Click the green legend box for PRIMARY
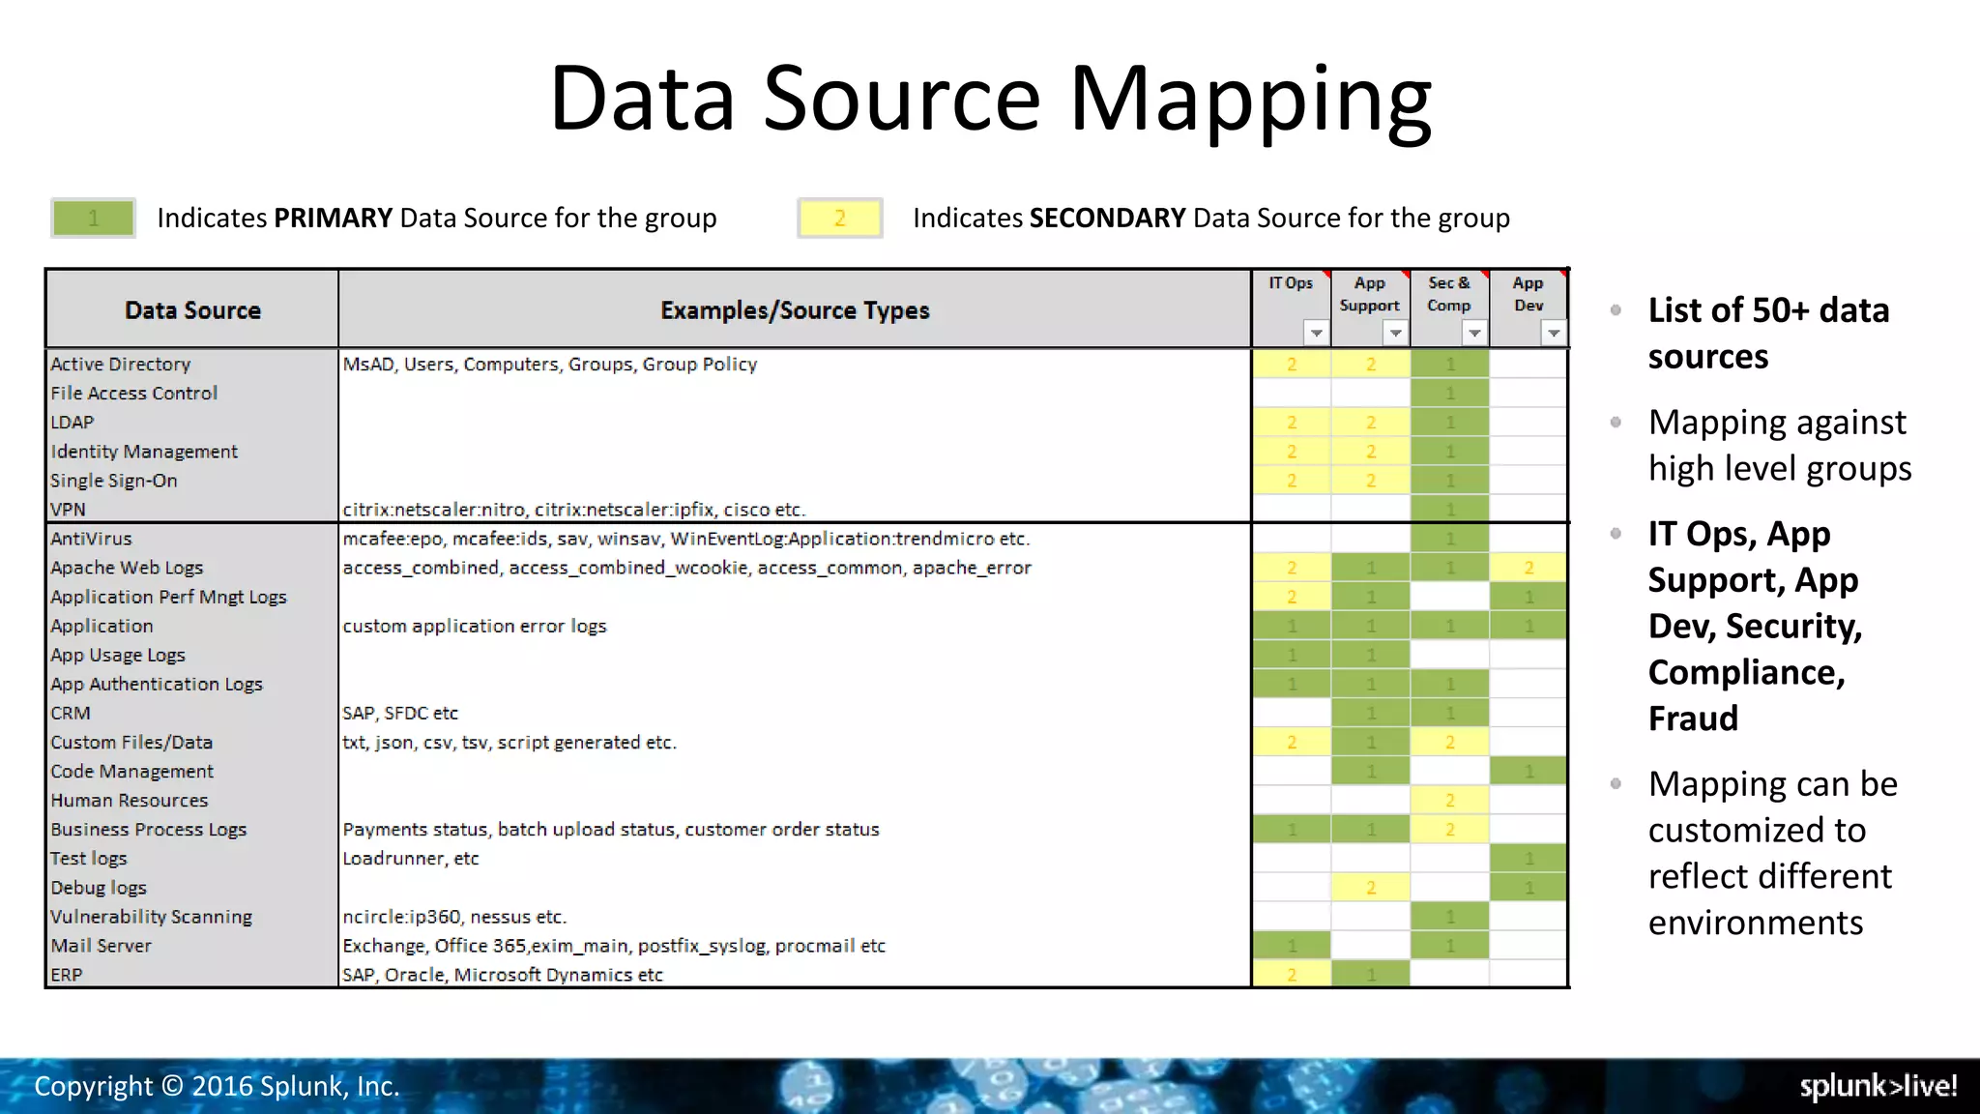coord(93,218)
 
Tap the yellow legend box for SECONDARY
coord(839,218)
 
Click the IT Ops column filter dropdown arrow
coord(1316,334)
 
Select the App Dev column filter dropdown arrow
coord(1553,334)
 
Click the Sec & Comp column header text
coord(1448,294)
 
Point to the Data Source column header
coord(192,310)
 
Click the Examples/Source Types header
coord(795,310)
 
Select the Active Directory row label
coord(121,365)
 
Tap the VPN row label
coord(68,510)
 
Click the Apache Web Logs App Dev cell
coord(1529,568)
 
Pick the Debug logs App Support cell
coord(1370,888)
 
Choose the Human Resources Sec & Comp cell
coord(1449,801)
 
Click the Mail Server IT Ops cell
coord(1292,946)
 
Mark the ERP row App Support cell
coord(1370,975)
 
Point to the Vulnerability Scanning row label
coord(152,917)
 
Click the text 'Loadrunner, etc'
coord(411,859)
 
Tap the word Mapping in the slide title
coord(1250,100)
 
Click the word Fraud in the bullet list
coord(1693,718)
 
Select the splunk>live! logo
coord(1878,1086)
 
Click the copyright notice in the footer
coord(217,1086)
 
